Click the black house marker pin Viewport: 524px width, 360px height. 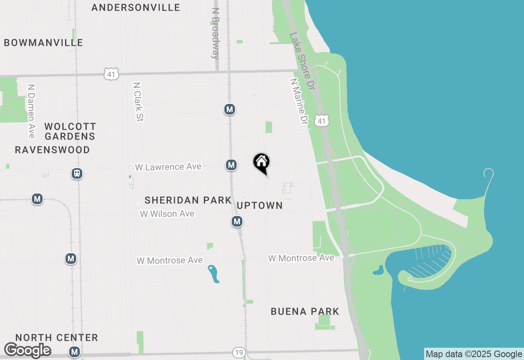(x=262, y=162)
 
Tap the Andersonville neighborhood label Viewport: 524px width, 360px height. (x=136, y=7)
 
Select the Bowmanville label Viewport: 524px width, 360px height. (x=43, y=43)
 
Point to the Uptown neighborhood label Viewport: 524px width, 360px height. (x=260, y=205)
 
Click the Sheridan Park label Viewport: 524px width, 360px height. (x=188, y=200)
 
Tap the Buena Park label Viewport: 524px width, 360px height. (x=305, y=311)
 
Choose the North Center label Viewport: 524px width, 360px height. (x=57, y=337)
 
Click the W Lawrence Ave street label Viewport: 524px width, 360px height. (x=168, y=167)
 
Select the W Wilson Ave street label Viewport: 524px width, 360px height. (x=167, y=214)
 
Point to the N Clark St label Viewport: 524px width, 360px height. (x=137, y=101)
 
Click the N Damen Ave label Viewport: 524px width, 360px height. (x=31, y=111)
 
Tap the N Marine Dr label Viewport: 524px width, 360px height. (x=298, y=102)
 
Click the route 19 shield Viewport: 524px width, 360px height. (x=238, y=352)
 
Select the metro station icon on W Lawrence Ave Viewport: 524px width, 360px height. (x=231, y=165)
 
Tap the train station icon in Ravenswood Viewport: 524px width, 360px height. (x=77, y=173)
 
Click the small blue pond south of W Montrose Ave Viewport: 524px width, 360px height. (x=213, y=274)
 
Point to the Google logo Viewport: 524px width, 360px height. (x=27, y=350)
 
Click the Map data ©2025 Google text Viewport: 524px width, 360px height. (x=474, y=354)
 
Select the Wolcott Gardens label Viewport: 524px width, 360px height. (x=70, y=131)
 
